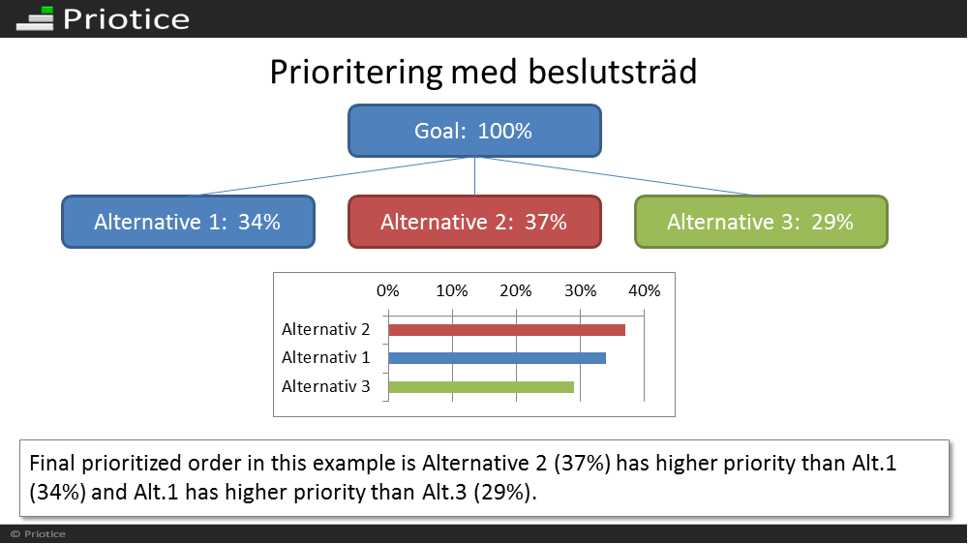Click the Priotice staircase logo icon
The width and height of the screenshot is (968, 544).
coord(35,18)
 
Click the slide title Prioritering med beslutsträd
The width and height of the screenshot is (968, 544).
coord(483,73)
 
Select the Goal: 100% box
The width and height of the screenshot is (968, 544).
coord(474,131)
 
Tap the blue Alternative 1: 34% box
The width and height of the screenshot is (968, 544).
coord(189,223)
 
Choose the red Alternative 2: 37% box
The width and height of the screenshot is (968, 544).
coord(474,223)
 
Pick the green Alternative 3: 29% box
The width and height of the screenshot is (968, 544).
coord(761,223)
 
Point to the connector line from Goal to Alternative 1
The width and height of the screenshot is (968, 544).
coord(330,176)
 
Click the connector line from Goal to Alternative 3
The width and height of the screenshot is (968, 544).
coord(618,176)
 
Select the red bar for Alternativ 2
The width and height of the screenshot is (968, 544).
coord(507,330)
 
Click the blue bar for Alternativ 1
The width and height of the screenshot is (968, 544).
coord(497,358)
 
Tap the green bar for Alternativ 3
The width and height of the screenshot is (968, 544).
coord(481,387)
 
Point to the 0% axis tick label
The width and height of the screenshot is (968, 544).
coord(388,290)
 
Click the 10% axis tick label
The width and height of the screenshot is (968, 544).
coord(452,290)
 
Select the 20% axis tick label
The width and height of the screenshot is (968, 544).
coord(516,290)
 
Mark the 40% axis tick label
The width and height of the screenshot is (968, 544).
coord(645,290)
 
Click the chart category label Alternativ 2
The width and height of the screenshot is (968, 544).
coord(326,330)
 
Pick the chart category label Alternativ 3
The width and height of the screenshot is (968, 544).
coord(326,386)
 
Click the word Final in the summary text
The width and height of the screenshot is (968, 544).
coord(52,463)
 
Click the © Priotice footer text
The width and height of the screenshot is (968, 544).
coord(38,534)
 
